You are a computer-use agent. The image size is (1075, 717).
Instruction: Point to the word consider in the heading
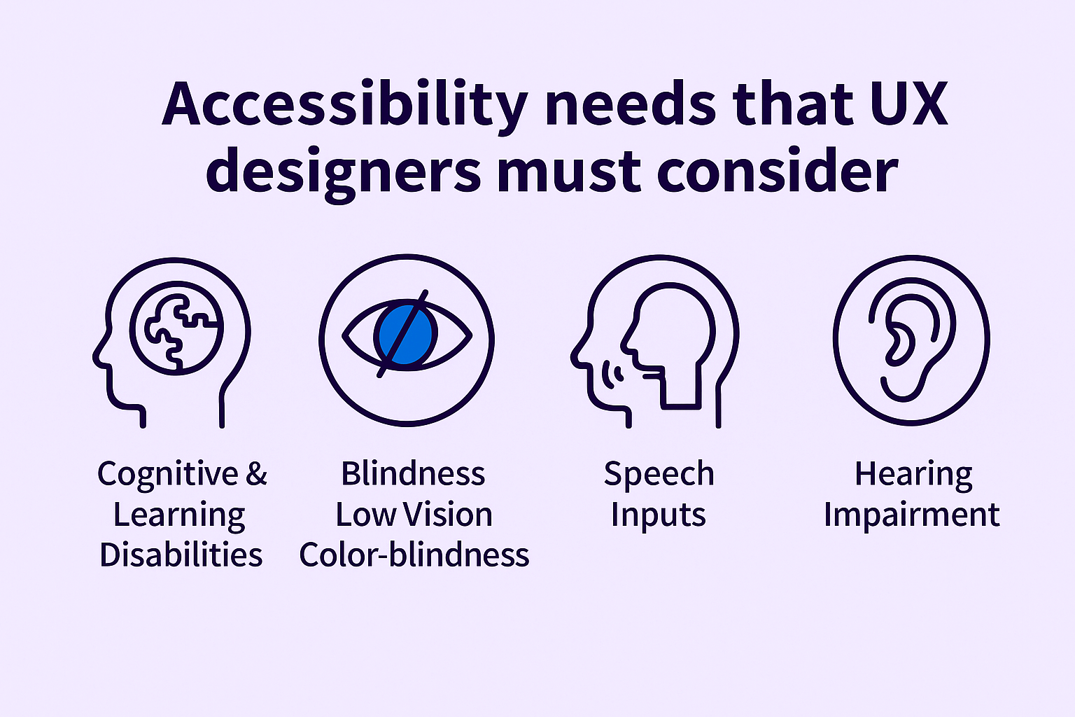[x=778, y=169]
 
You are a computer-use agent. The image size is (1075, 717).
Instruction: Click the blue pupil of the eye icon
[x=406, y=335]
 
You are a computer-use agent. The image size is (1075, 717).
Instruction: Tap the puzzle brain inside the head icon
[x=176, y=328]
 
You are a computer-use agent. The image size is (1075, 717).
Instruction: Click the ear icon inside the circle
[x=912, y=340]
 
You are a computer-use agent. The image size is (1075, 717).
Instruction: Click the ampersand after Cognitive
[x=256, y=473]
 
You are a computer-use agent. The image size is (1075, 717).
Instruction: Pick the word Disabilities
[x=181, y=555]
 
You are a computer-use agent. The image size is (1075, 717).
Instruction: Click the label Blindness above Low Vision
[x=413, y=473]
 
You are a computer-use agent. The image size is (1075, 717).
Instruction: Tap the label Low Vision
[x=414, y=515]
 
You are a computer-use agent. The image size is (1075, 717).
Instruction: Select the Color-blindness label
[x=414, y=555]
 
